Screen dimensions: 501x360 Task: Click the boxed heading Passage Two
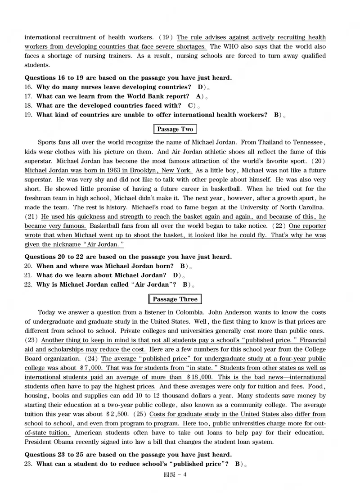point(175,129)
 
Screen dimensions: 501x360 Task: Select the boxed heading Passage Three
point(175,299)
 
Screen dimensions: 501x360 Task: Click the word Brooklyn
point(139,171)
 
